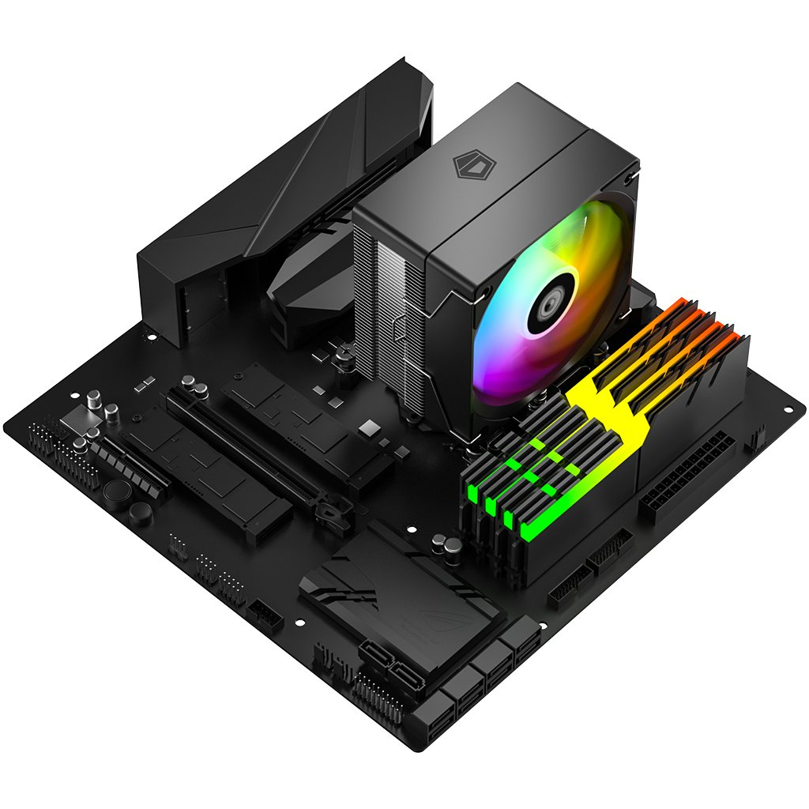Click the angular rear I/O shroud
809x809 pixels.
coord(284,198)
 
